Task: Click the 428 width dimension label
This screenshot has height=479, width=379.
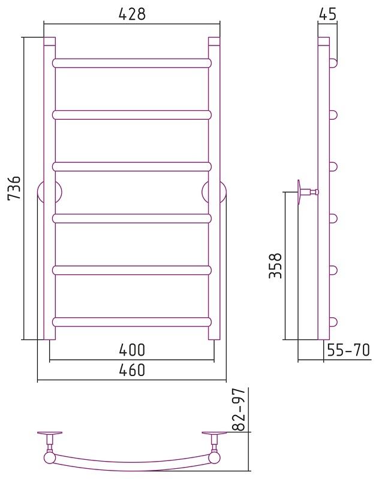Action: [132, 14]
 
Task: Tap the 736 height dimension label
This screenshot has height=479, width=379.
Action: [14, 187]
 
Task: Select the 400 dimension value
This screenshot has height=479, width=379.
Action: [132, 350]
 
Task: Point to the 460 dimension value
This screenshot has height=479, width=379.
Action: [132, 370]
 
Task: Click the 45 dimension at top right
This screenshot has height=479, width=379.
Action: [327, 14]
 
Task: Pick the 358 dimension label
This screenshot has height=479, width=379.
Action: [275, 265]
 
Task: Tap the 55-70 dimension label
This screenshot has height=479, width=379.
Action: [348, 350]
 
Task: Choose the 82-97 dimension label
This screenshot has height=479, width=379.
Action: [239, 410]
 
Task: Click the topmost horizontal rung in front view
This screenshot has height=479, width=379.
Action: [132, 63]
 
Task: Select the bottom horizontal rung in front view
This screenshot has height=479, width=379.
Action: [132, 322]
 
